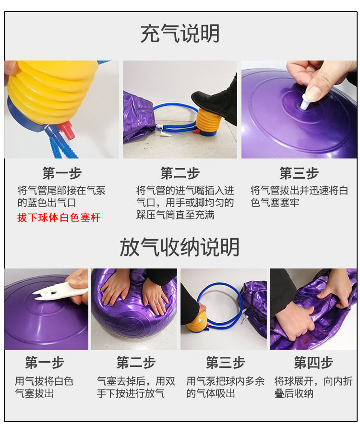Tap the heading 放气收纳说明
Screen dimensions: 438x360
coord(180,247)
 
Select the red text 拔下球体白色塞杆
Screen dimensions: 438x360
coord(59,217)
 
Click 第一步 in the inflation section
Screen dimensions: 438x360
coord(62,173)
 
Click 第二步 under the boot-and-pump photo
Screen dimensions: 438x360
coord(180,173)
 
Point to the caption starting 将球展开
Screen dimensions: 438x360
coord(313,387)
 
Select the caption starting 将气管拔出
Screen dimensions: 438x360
coord(299,196)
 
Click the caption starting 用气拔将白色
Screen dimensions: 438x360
coord(44,387)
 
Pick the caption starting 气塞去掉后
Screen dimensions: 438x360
coord(136,387)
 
